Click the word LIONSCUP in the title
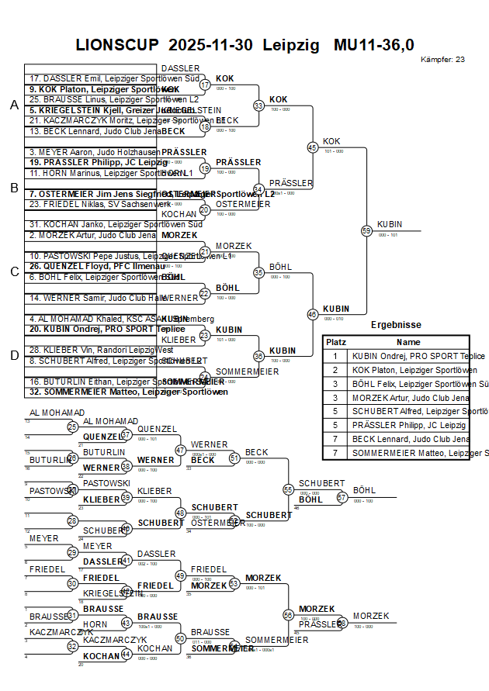116,45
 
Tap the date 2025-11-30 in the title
210,45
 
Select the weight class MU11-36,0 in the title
373,45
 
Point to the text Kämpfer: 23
442,60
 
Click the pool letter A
13,105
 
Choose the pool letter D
13,355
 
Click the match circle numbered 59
366,230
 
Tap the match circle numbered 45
313,147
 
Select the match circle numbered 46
313,314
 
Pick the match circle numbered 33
258,105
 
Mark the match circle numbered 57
342,497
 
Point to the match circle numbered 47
180,451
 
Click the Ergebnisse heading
396,325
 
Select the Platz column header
336,342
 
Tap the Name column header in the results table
408,342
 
